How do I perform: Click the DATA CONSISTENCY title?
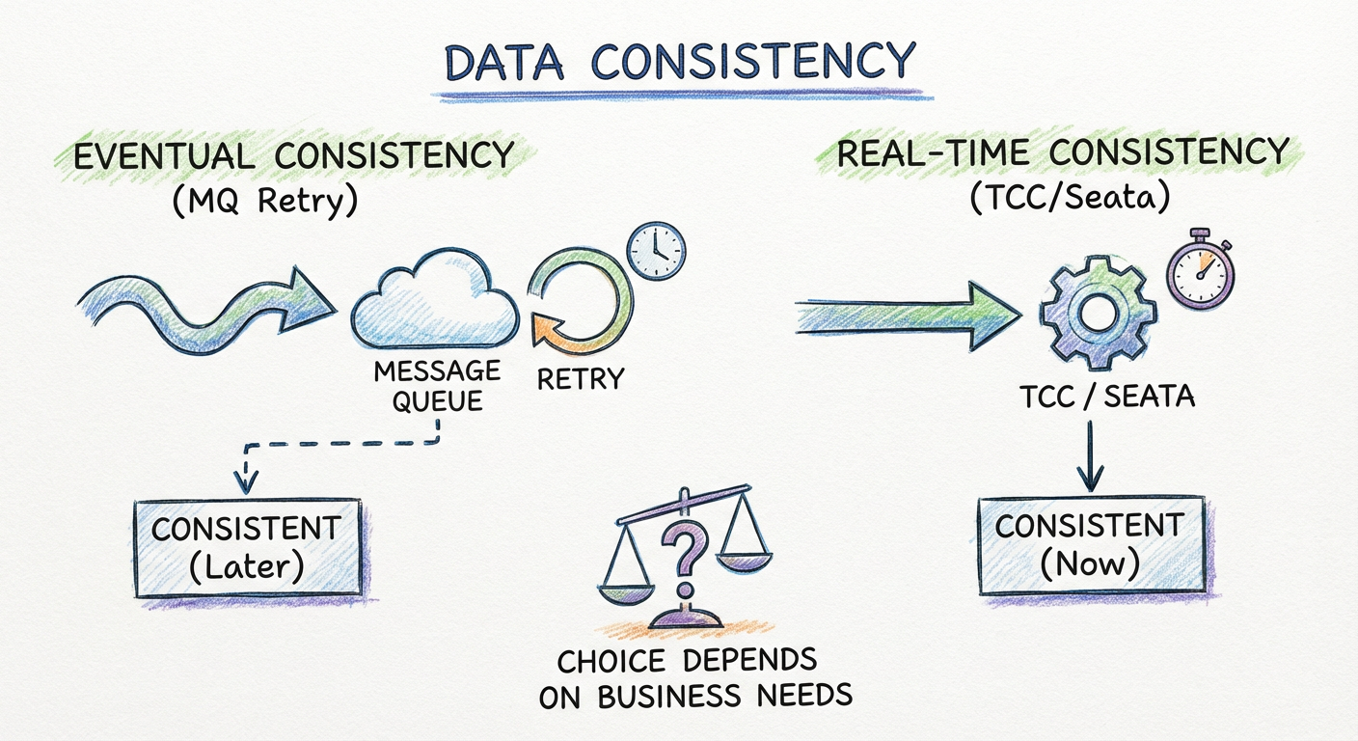(680, 61)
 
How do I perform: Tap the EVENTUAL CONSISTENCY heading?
(294, 155)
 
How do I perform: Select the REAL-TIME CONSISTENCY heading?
(1062, 152)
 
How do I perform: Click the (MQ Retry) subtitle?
(265, 201)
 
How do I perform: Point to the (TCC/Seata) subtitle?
(1070, 197)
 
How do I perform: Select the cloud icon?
(435, 298)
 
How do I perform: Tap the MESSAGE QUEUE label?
(437, 386)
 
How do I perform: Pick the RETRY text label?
(581, 379)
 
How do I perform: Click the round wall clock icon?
(656, 251)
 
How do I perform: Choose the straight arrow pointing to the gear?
(909, 316)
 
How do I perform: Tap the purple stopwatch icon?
(1201, 270)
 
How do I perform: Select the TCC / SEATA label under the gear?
(1107, 397)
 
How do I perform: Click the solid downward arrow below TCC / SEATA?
(1090, 456)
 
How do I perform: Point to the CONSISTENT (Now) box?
(1091, 544)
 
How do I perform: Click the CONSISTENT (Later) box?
(247, 548)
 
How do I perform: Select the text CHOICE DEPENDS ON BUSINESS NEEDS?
(695, 678)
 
